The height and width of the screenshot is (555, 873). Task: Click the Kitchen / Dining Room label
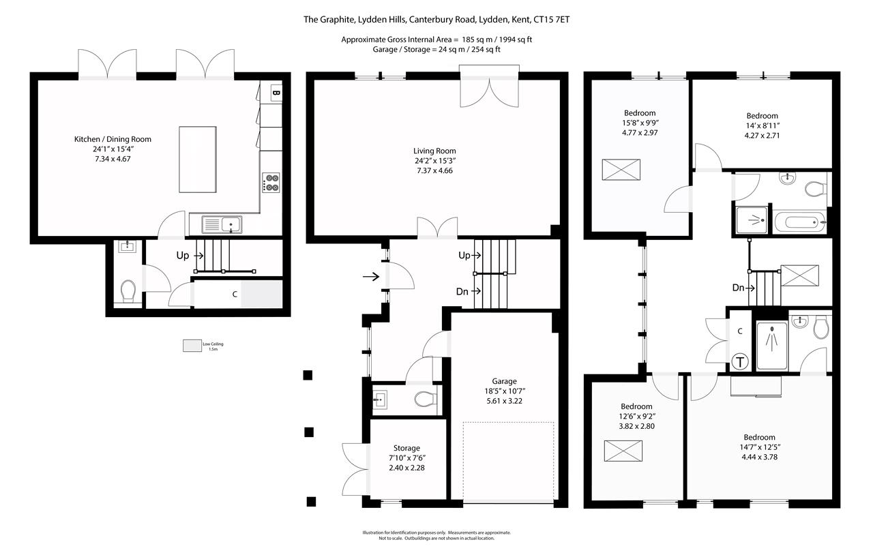pyautogui.click(x=113, y=139)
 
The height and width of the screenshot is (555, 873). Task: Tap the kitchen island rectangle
pyautogui.click(x=197, y=159)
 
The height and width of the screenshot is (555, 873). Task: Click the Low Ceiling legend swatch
pyautogui.click(x=192, y=346)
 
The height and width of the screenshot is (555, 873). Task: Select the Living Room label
pyautogui.click(x=434, y=151)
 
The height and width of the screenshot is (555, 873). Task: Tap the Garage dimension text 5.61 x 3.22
pyautogui.click(x=505, y=401)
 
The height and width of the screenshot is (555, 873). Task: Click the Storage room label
pyautogui.click(x=406, y=448)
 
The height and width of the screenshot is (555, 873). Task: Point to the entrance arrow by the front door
pyautogui.click(x=371, y=277)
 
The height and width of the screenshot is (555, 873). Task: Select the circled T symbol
pyautogui.click(x=739, y=362)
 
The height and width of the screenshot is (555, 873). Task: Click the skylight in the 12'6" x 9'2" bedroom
pyautogui.click(x=623, y=451)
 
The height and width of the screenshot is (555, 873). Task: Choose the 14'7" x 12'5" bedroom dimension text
pyautogui.click(x=759, y=447)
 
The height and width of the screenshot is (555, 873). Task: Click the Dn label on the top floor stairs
pyautogui.click(x=738, y=288)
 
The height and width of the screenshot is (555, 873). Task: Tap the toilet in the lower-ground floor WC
pyautogui.click(x=128, y=292)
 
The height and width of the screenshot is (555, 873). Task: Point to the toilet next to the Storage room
pyautogui.click(x=424, y=400)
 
